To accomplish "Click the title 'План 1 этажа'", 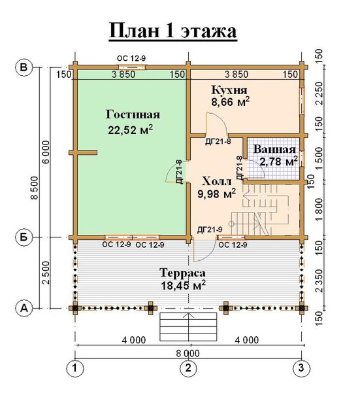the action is pyautogui.click(x=173, y=31).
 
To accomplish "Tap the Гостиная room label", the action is pyautogui.click(x=133, y=114).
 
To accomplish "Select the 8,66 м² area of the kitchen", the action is pyautogui.click(x=231, y=101).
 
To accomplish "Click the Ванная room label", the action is pyautogui.click(x=274, y=149).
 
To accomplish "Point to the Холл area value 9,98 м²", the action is pyautogui.click(x=217, y=194).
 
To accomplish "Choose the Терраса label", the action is pyautogui.click(x=182, y=273).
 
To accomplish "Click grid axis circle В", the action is pyautogui.click(x=24, y=67).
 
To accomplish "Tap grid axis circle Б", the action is pyautogui.click(x=24, y=237).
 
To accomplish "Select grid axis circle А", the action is pyautogui.click(x=24, y=308).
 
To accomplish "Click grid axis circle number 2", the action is pyautogui.click(x=188, y=368).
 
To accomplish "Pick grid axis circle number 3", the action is pyautogui.click(x=301, y=368).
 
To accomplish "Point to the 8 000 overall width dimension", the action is pyautogui.click(x=188, y=353).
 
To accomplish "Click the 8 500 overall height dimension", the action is pyautogui.click(x=34, y=188).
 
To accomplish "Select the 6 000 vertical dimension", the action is pyautogui.click(x=46, y=152).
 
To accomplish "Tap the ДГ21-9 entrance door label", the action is pyautogui.click(x=210, y=230).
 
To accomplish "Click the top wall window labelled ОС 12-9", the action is pyautogui.click(x=133, y=67).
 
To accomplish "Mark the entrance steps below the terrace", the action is pyautogui.click(x=188, y=327).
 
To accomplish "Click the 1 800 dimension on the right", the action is pyautogui.click(x=318, y=210).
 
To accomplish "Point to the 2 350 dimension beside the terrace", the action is pyautogui.click(x=319, y=281).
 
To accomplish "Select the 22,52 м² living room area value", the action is pyautogui.click(x=131, y=129).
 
